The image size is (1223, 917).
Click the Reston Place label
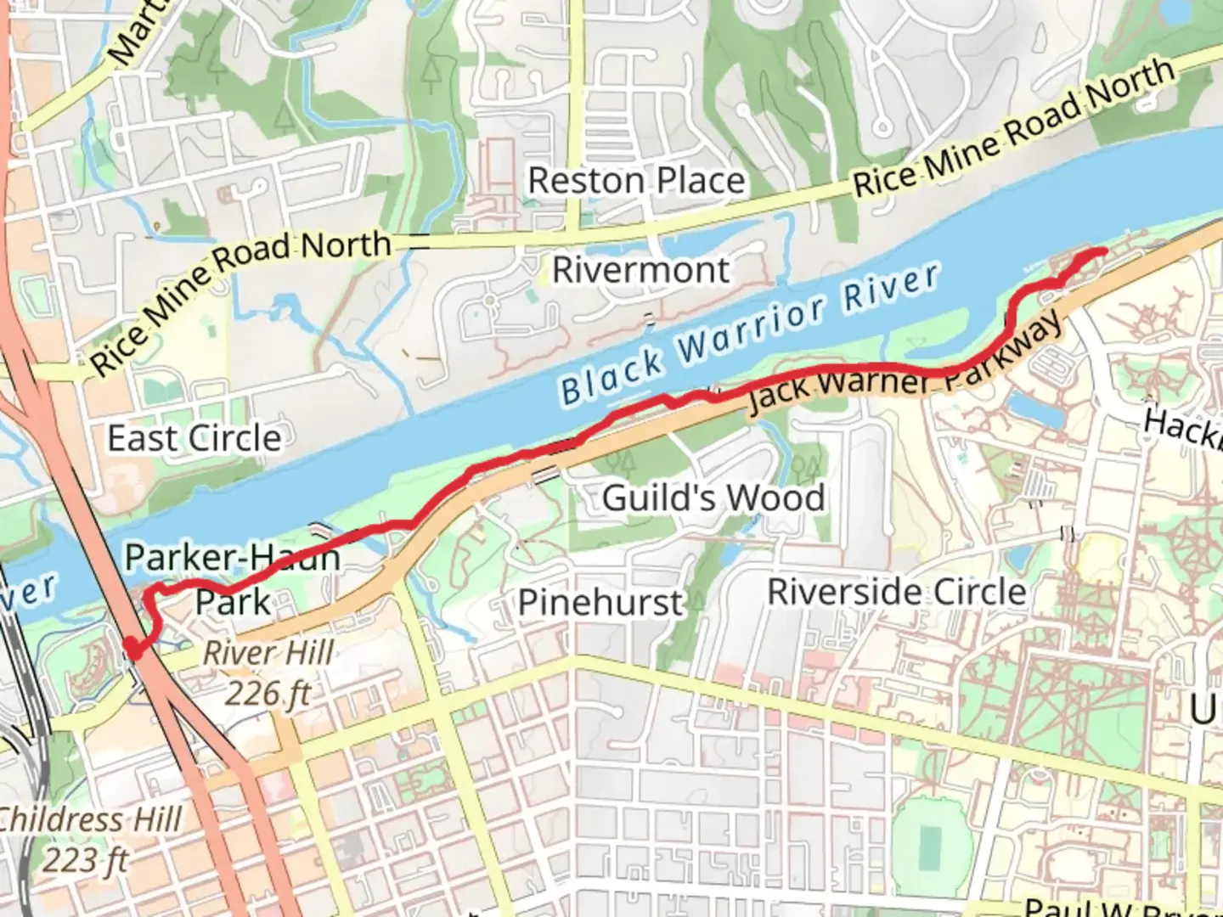636,181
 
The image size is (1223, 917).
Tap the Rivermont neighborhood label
640,270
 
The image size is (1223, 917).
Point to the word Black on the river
611,376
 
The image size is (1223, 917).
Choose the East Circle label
194,438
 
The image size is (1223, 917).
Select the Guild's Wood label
713,498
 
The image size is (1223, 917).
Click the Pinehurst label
600,603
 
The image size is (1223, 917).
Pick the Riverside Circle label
897,592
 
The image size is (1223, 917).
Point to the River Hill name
268,653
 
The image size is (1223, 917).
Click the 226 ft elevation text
268,694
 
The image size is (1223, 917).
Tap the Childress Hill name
89,819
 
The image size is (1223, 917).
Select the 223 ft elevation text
85,860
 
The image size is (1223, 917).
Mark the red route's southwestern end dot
132,649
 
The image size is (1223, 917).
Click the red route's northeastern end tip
1101,250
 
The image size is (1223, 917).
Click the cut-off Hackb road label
1182,427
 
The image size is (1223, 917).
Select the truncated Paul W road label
1121,908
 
